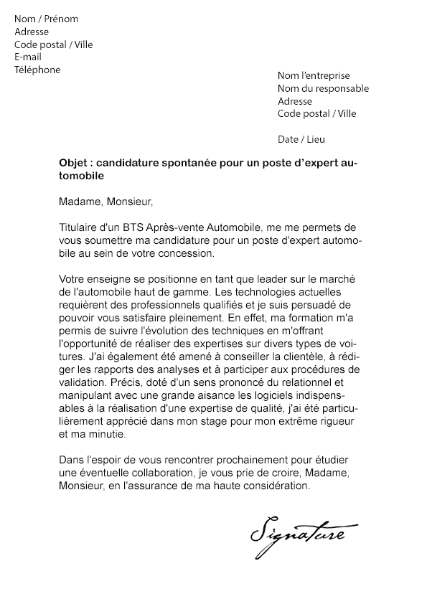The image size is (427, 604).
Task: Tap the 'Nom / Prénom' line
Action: pyautogui.click(x=46, y=19)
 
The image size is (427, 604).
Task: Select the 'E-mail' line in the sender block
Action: pyautogui.click(x=28, y=57)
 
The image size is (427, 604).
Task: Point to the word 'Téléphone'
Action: pyautogui.click(x=37, y=70)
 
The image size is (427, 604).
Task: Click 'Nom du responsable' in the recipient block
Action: pyautogui.click(x=323, y=88)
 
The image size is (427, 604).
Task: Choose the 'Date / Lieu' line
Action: pyautogui.click(x=301, y=139)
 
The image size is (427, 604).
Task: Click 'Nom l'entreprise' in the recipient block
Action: pyautogui.click(x=314, y=75)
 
